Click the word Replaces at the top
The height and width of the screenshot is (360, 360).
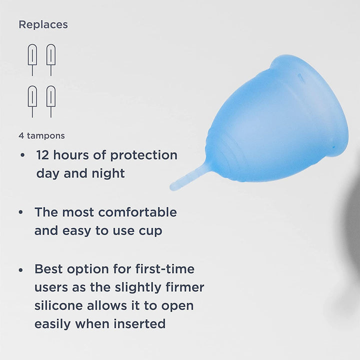(x=43, y=24)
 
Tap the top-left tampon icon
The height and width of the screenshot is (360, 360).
(x=32, y=59)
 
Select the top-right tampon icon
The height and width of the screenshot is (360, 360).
(x=51, y=59)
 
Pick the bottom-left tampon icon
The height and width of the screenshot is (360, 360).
(x=32, y=101)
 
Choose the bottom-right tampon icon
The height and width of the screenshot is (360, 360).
(x=51, y=101)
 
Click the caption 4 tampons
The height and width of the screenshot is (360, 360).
(x=41, y=135)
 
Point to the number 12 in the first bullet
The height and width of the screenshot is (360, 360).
(x=43, y=155)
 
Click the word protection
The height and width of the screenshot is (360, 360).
(x=143, y=155)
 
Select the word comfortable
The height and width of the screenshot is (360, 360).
(x=137, y=212)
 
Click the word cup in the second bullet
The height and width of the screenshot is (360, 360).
(x=150, y=231)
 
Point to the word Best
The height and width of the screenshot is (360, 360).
(x=49, y=269)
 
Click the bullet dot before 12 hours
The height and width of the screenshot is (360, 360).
(x=22, y=155)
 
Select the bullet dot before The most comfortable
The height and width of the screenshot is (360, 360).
(x=21, y=212)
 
